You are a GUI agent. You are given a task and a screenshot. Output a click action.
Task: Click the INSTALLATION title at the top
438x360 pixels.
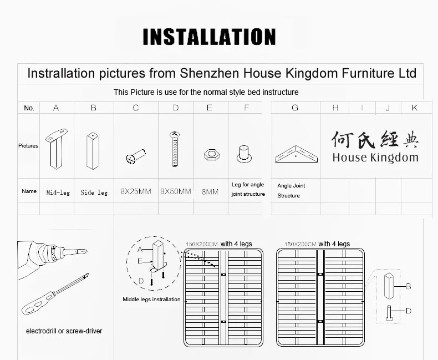click(209, 37)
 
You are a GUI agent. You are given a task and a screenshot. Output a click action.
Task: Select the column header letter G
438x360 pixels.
click(294, 108)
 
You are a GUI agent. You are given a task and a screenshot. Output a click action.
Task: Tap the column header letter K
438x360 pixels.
click(414, 108)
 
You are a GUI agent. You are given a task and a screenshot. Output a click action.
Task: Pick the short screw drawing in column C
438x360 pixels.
click(136, 156)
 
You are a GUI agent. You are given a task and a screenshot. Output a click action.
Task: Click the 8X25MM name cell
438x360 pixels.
click(136, 191)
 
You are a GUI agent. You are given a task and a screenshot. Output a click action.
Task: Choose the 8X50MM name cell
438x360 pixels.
click(176, 191)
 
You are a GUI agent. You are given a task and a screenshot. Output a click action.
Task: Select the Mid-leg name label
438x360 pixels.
click(58, 192)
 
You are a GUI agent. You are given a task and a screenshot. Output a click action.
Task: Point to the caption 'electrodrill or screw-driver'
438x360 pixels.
click(64, 331)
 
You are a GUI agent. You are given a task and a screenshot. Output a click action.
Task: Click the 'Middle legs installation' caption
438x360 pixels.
click(151, 300)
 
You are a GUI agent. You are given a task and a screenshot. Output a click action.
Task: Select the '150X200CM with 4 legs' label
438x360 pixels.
click(219, 244)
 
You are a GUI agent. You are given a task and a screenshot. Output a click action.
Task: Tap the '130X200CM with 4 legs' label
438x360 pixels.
click(317, 244)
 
